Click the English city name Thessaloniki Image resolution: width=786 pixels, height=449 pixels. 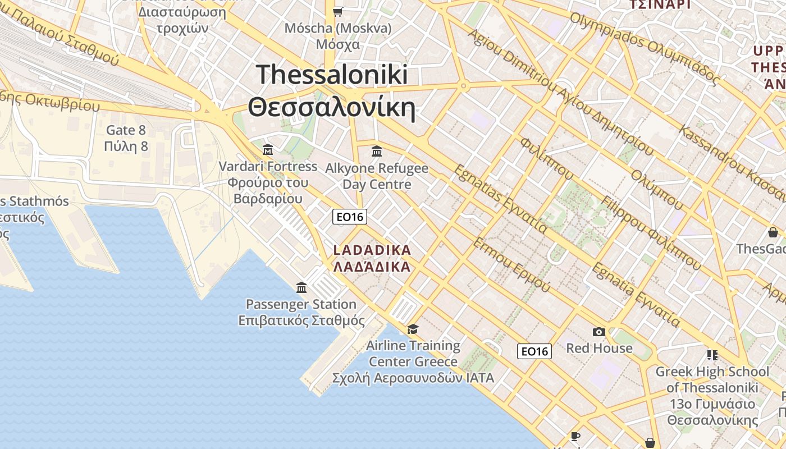point(332,74)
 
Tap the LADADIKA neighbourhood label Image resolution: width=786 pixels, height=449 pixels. point(372,250)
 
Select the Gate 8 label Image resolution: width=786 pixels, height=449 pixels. point(126,131)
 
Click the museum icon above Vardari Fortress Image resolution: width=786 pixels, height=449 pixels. point(268,150)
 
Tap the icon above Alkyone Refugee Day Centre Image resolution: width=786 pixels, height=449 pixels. point(377,151)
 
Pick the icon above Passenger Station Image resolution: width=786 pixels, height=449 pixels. point(302,287)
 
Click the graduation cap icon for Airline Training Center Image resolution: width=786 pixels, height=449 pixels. point(413,329)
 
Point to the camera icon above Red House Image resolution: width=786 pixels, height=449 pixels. point(599,332)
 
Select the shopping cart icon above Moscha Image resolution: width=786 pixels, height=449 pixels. point(338,11)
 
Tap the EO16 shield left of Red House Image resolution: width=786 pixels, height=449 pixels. point(534,351)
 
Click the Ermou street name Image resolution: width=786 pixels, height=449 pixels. point(511,264)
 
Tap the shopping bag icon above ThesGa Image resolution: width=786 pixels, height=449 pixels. point(773,232)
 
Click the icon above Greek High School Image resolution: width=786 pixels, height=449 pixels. point(712,355)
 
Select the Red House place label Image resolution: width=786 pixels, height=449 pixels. point(599,348)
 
